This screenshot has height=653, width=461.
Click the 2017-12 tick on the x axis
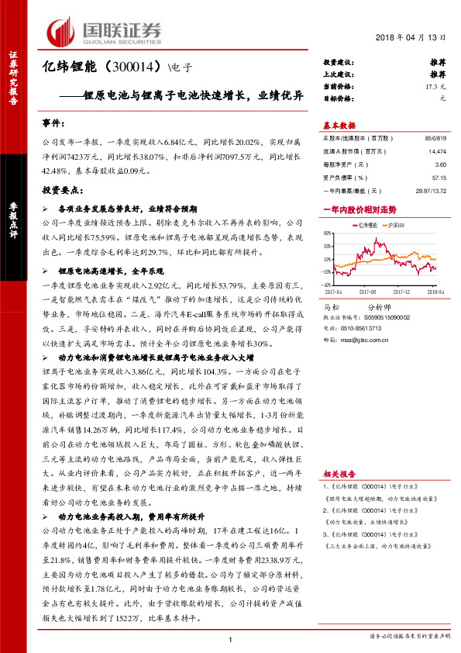click(402, 292)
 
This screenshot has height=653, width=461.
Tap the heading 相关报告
click(339, 472)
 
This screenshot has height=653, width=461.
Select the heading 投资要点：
click(61, 188)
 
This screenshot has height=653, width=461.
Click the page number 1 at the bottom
click(231, 637)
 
